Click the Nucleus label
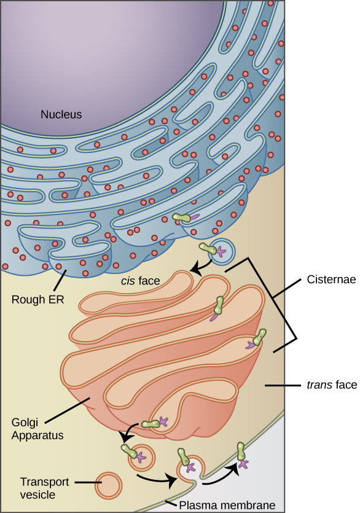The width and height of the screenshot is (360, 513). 61,114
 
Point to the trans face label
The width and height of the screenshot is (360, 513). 331,385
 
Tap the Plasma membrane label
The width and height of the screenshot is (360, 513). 227,505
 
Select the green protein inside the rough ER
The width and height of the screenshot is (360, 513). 182,217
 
